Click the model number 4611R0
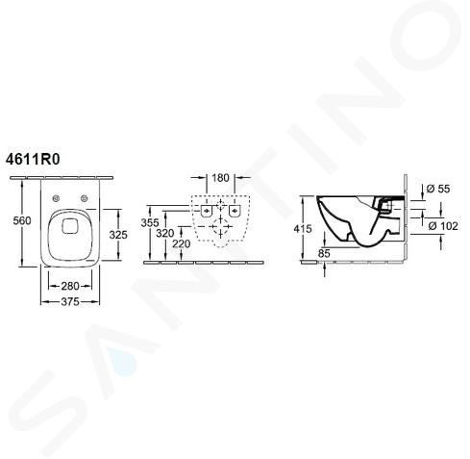point(33,160)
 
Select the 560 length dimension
point(22,220)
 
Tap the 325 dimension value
point(118,235)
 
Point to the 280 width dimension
point(70,286)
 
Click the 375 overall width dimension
point(70,302)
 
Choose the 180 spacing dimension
point(220,177)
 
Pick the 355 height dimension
point(150,222)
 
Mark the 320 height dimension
point(165,234)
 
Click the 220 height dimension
point(182,244)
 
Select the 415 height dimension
point(303,229)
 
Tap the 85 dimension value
point(324,253)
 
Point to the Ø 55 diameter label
point(438,189)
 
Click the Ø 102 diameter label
point(443,226)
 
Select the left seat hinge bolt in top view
point(57,198)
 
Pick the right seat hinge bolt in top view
point(85,198)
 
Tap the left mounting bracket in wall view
point(206,211)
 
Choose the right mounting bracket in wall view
point(235,211)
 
